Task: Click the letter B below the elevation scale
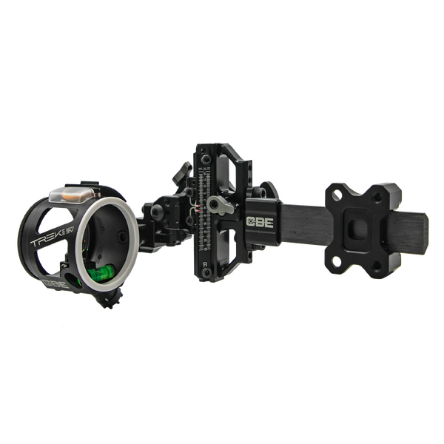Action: pyautogui.click(x=205, y=264)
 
